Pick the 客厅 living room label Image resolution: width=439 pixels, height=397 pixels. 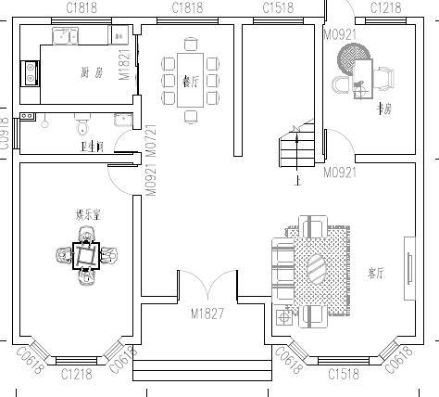tap(375, 274)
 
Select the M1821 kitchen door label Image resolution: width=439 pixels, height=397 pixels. tap(124, 65)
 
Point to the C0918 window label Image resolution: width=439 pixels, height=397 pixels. tap(5, 131)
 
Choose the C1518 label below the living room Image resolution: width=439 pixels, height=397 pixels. tap(344, 375)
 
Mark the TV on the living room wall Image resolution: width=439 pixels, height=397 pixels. tap(408, 268)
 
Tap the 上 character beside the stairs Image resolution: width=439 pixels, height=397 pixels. tap(296, 181)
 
